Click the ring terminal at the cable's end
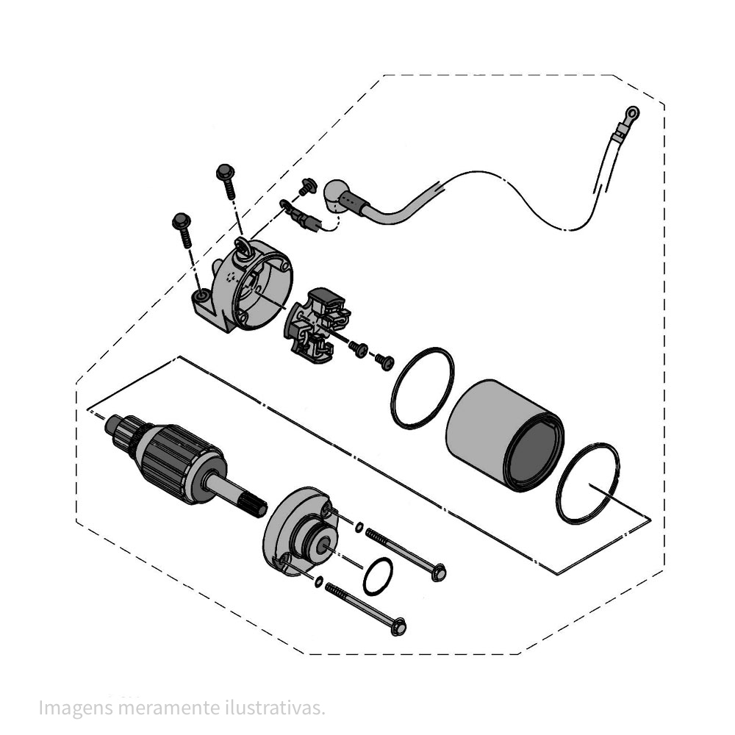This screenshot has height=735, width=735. point(631,113)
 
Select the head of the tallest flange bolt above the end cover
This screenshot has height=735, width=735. point(225,171)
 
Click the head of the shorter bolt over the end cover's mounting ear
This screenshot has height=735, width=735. point(181,220)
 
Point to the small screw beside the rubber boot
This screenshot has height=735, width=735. point(307,186)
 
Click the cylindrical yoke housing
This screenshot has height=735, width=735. point(505,435)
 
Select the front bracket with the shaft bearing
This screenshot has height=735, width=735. point(300,531)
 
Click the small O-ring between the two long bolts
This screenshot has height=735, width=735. point(378,576)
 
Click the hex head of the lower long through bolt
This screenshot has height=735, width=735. point(398,627)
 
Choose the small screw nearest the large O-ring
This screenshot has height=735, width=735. point(385,362)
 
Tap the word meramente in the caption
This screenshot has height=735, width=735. point(169,709)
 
